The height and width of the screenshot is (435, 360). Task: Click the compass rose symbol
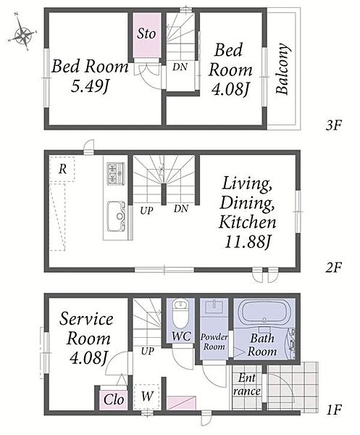point(22,33)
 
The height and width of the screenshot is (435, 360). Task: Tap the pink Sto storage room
point(146,35)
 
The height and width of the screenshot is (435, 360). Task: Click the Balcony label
point(283,69)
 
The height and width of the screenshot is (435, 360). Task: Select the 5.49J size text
point(89,86)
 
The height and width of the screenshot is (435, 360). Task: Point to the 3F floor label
point(333,125)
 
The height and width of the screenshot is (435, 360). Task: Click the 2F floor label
point(333,268)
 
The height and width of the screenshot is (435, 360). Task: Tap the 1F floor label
point(334,410)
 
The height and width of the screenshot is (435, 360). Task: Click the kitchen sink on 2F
point(116,216)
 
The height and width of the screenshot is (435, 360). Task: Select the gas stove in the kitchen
point(116,174)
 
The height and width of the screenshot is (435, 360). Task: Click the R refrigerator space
point(62,169)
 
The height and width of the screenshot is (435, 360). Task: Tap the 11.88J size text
point(248,242)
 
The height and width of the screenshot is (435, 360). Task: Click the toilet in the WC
point(180,313)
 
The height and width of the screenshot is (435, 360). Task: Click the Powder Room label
point(214,341)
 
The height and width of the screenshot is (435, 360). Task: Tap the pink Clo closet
point(114,400)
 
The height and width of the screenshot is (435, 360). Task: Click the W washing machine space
point(146,397)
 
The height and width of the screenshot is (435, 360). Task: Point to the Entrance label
point(247,384)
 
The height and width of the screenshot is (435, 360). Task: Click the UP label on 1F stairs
point(148,352)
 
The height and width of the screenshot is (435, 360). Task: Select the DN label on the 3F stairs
point(180,67)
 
